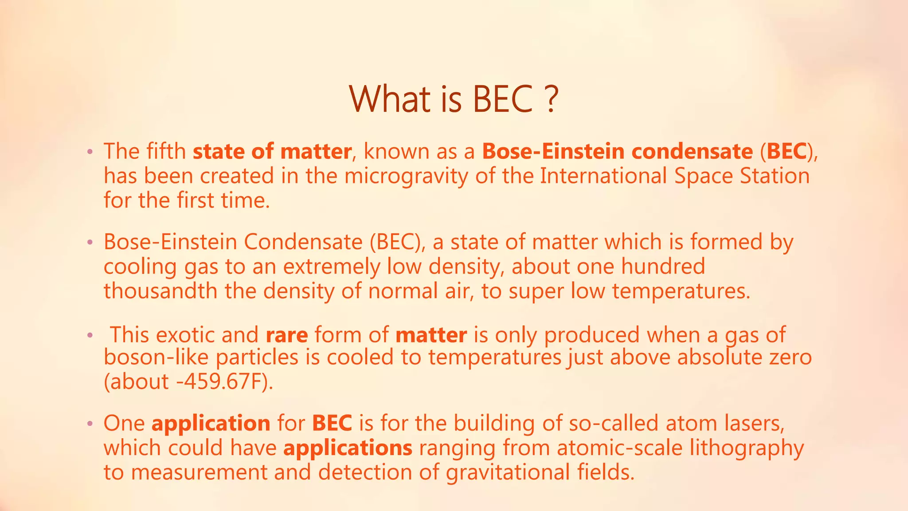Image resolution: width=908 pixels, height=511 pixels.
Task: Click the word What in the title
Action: [389, 98]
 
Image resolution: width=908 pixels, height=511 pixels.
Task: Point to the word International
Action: [603, 176]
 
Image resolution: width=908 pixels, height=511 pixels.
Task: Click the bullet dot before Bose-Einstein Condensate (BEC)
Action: [90, 243]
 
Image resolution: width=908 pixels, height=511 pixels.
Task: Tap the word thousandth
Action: [160, 291]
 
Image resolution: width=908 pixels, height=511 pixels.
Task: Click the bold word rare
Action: [287, 335]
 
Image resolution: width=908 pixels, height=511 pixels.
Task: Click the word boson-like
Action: [157, 358]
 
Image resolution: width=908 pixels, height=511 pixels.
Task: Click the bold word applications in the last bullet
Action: [348, 448]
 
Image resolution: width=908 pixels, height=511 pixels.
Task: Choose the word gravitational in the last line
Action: [508, 472]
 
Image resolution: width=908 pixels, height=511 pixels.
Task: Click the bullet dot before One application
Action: [90, 424]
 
